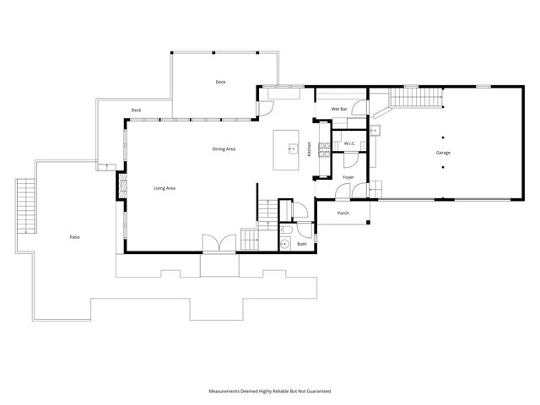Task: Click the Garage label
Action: tap(443, 153)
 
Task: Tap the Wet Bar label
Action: tap(339, 110)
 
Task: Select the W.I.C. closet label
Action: tap(349, 144)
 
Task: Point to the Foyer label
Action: tap(348, 177)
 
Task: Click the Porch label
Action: tap(343, 213)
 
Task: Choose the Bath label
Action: tap(301, 245)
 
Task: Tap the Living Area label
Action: tap(164, 188)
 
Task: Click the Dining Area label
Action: tap(224, 149)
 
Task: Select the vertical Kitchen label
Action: tap(310, 149)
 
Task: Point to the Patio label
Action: tap(75, 238)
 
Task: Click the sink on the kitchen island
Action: tap(292, 148)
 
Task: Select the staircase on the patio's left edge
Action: tap(26, 206)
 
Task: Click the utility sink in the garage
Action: tap(376, 131)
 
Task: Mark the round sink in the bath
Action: tap(286, 245)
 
